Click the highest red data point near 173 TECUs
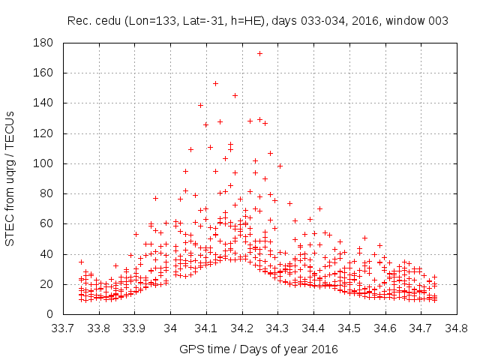coord(259,53)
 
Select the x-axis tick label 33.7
coord(62,328)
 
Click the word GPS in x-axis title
coord(190,349)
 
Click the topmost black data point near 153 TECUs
coord(215,83)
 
